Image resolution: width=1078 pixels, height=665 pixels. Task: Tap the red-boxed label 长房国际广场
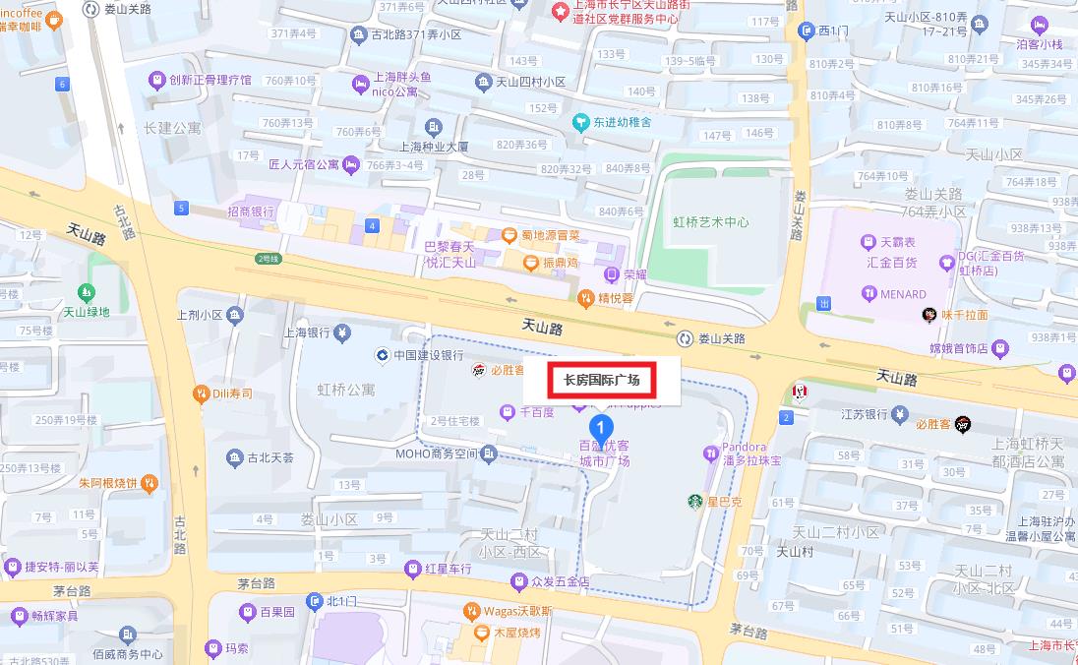[601, 380]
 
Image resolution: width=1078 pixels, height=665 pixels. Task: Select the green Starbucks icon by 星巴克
[695, 502]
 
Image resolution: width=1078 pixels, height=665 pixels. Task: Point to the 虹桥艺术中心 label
[710, 222]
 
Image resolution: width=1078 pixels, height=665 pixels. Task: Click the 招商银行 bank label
[250, 212]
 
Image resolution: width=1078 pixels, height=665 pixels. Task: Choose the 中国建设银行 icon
[382, 355]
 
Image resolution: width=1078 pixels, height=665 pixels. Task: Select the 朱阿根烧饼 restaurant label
[109, 483]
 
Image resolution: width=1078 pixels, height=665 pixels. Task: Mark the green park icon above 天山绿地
[87, 293]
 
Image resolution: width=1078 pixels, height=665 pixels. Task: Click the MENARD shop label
[902, 294]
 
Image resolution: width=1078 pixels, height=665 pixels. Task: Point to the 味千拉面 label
[964, 316]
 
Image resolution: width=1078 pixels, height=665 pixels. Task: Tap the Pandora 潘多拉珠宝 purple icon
[710, 453]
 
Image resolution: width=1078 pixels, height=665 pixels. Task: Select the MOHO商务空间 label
[436, 453]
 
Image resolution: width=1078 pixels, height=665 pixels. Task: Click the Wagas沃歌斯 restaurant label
[517, 611]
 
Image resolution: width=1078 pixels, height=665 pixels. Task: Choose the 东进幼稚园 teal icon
[580, 123]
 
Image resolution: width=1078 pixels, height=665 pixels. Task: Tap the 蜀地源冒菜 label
[550, 236]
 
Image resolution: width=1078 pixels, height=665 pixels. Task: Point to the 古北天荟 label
[269, 458]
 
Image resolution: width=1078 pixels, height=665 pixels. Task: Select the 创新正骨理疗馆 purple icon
[155, 80]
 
